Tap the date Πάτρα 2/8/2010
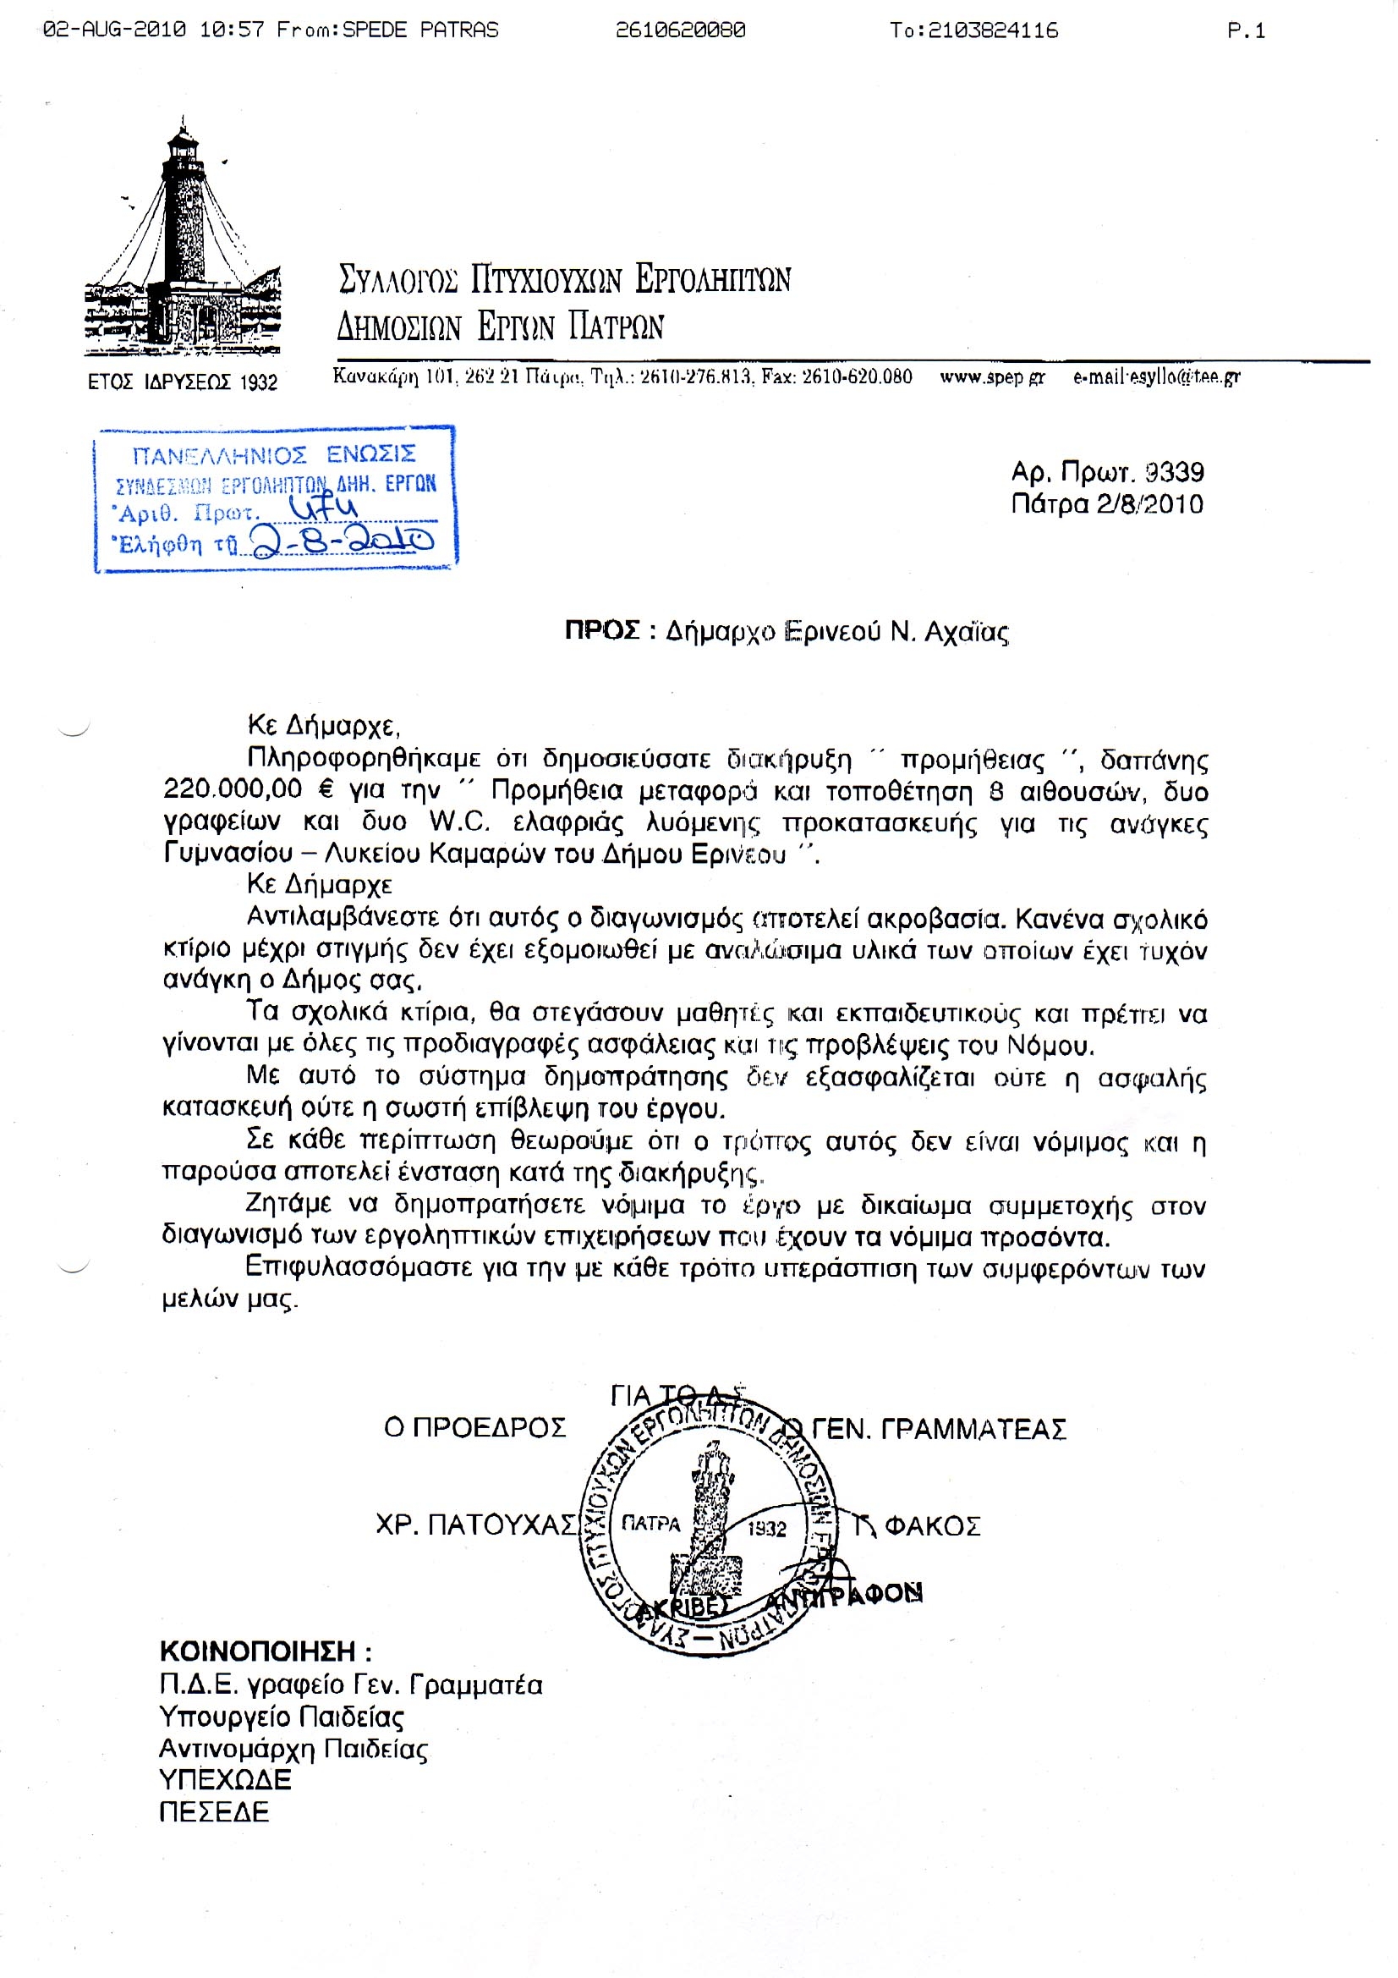(x=1107, y=504)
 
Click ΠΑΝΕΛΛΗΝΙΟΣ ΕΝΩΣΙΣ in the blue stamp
(x=274, y=455)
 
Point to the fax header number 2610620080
(x=680, y=31)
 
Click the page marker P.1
(x=1246, y=31)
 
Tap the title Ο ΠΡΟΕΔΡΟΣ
(x=474, y=1427)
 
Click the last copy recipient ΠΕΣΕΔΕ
(x=214, y=1811)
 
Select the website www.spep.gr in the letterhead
(x=992, y=376)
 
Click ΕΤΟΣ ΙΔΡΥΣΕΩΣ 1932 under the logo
(x=183, y=382)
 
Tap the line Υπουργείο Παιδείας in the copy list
(x=282, y=1717)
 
